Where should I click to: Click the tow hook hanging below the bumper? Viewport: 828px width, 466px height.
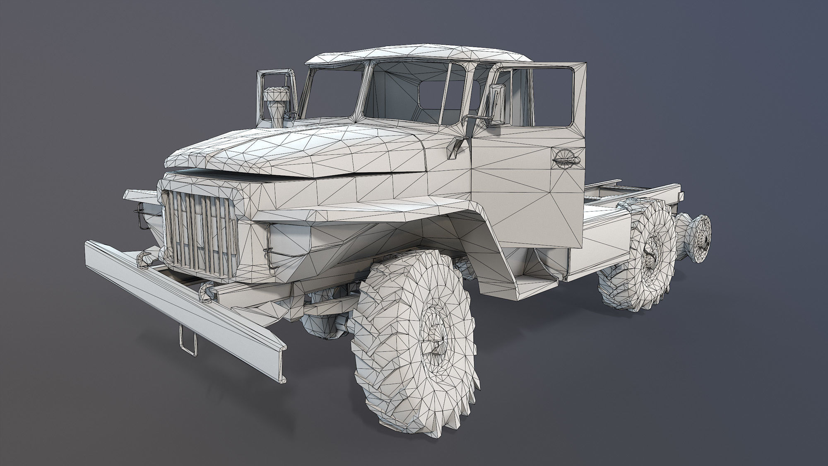point(188,340)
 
